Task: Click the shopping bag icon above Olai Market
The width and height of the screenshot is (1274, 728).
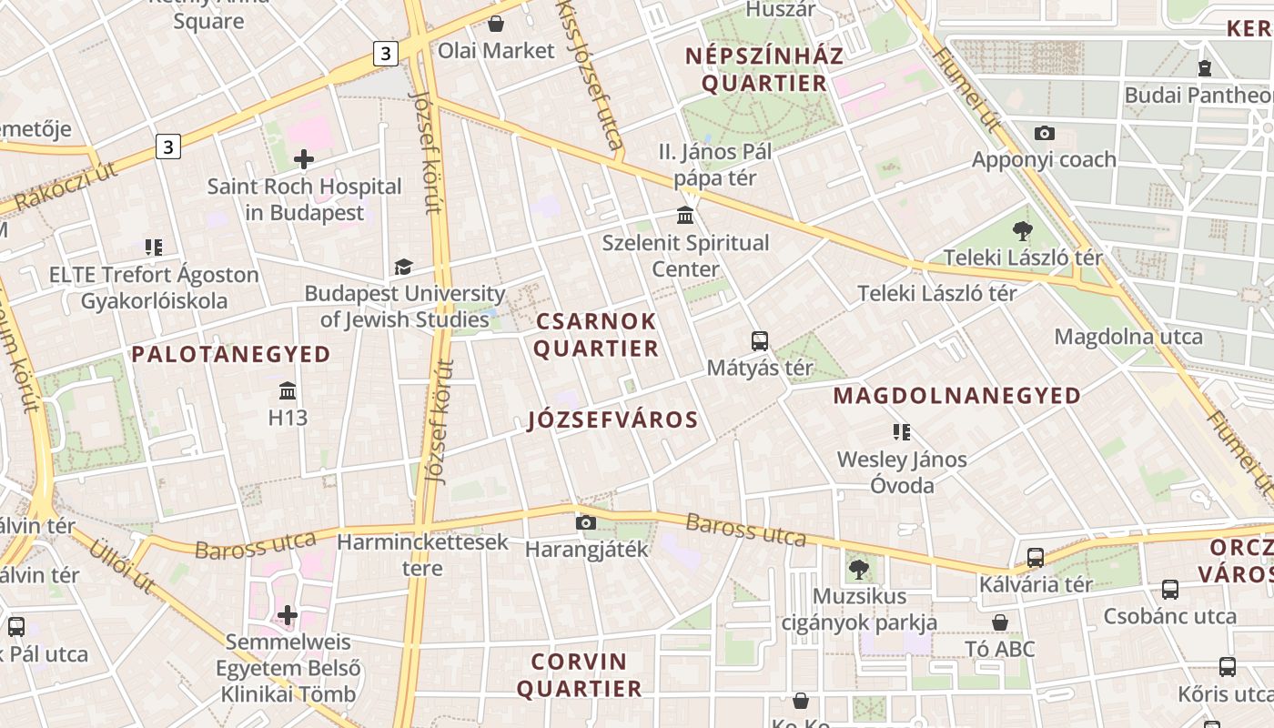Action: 496,24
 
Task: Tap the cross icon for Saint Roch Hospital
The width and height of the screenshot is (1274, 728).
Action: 304,160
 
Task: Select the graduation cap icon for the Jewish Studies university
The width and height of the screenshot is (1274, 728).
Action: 402,267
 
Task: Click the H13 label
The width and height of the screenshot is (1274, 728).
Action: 288,418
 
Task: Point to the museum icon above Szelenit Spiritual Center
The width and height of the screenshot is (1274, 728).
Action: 685,216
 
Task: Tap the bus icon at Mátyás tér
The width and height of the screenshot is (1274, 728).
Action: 760,341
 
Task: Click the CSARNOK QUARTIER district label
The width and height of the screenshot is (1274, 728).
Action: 596,335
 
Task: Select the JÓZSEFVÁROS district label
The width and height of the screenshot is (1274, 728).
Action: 612,420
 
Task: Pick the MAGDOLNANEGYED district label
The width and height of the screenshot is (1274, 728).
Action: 956,396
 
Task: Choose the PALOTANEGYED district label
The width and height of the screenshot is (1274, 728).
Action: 231,354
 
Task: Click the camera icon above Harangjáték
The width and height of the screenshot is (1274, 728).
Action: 586,522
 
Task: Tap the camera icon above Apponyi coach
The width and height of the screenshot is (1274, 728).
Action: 1045,133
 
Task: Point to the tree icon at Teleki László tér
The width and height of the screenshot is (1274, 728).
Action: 1023,231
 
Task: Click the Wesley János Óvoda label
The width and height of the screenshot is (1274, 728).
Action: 902,471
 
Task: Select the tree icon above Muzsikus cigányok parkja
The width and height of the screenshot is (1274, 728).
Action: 858,571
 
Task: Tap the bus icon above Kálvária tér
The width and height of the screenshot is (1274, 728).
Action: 1036,557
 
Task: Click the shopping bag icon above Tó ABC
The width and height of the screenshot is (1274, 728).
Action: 1000,622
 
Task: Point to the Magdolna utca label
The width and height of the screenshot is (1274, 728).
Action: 1127,337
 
